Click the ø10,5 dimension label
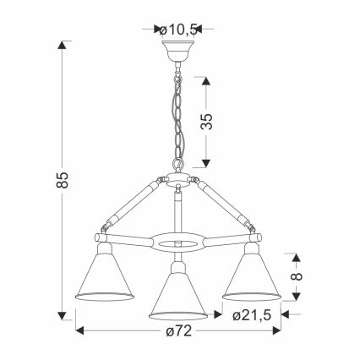tap(177, 30)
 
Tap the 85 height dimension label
tap(63, 180)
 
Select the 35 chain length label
tap(206, 122)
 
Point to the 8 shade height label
tap(296, 276)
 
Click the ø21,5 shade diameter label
tap(252, 315)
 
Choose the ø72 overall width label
tap(178, 330)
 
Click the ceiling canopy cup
tap(177, 51)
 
